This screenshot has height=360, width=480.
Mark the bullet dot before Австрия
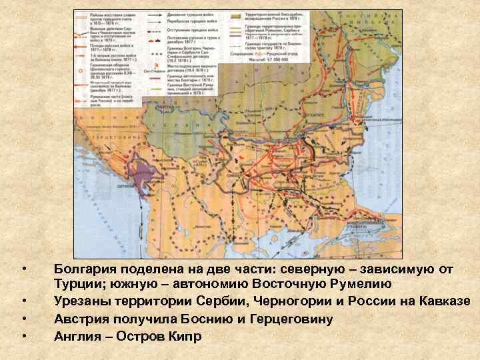[24, 318]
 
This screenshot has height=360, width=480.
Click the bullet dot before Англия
[24, 335]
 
